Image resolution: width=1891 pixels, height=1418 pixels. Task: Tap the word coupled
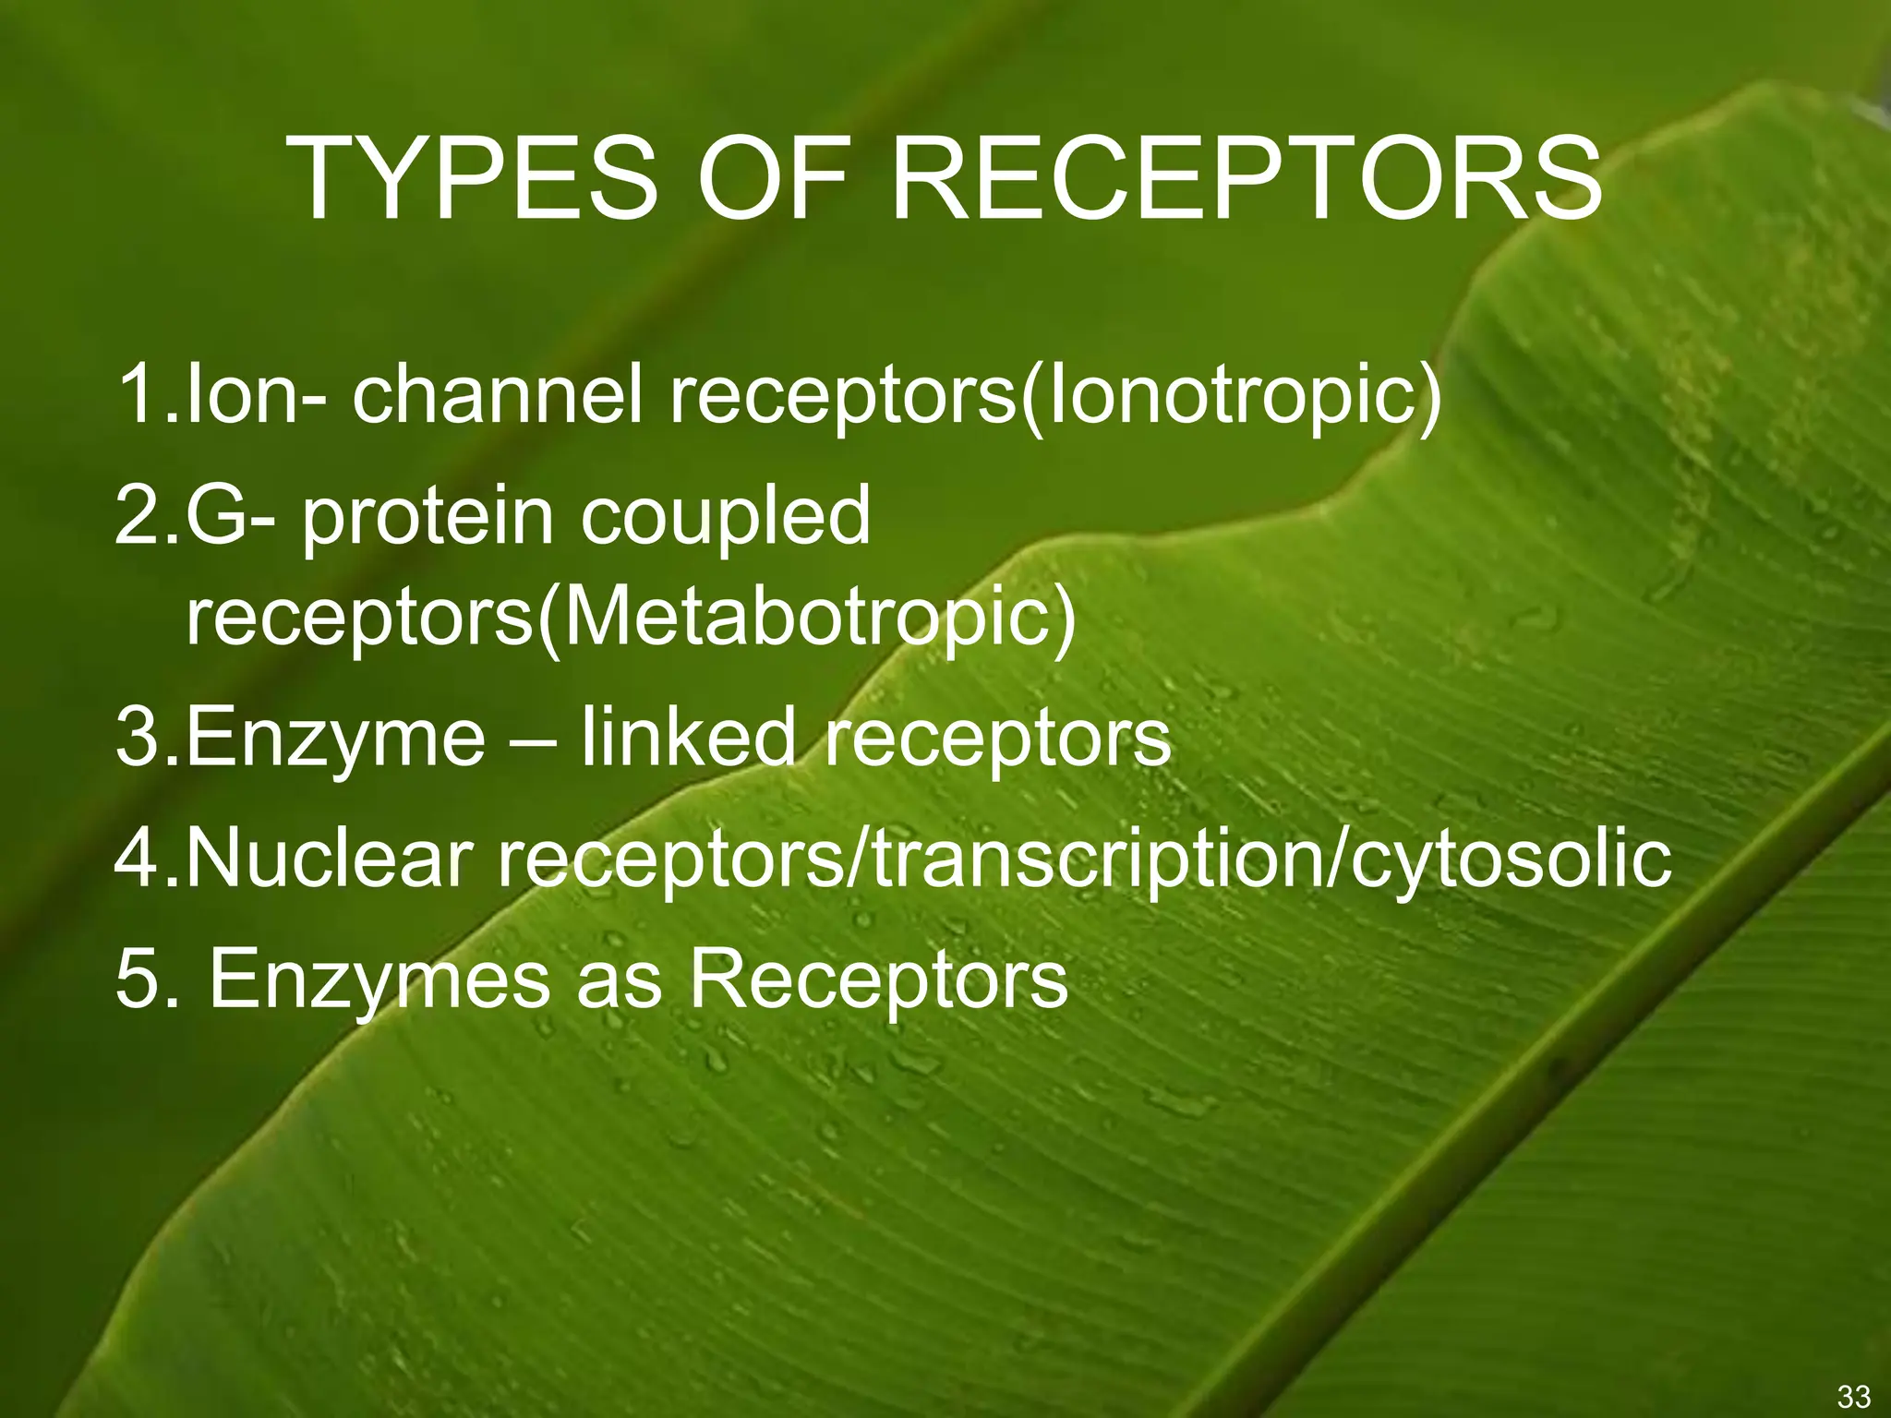coord(726,516)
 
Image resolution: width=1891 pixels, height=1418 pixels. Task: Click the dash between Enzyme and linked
coord(533,739)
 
